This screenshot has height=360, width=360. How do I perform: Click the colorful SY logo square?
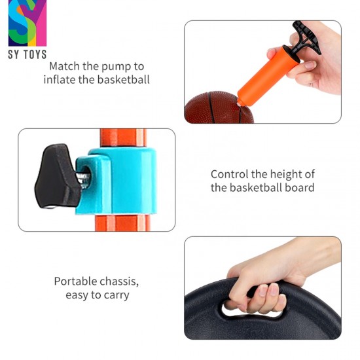(x=27, y=23)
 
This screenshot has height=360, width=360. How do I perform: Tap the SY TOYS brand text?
(x=27, y=54)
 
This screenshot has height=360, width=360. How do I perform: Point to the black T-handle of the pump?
(x=306, y=37)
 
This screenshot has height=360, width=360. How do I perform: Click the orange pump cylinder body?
(x=268, y=76)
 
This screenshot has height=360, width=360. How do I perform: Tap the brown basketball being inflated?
(x=219, y=107)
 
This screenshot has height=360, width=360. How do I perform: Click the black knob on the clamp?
(x=56, y=176)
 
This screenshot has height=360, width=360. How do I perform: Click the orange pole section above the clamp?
(x=124, y=137)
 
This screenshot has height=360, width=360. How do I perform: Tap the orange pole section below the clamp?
(x=123, y=223)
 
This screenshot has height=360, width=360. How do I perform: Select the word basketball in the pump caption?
(x=124, y=80)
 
